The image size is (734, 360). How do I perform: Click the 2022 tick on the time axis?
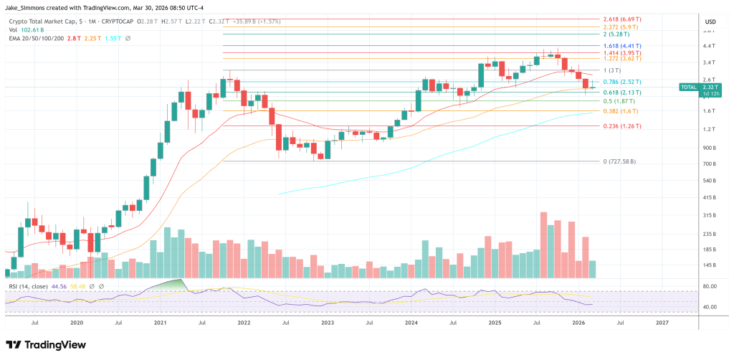(x=243, y=323)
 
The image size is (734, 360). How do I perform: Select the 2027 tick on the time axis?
(x=663, y=323)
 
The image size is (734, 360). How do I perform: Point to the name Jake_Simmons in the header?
(x=29, y=6)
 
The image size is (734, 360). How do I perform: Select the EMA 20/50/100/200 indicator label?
(x=35, y=37)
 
